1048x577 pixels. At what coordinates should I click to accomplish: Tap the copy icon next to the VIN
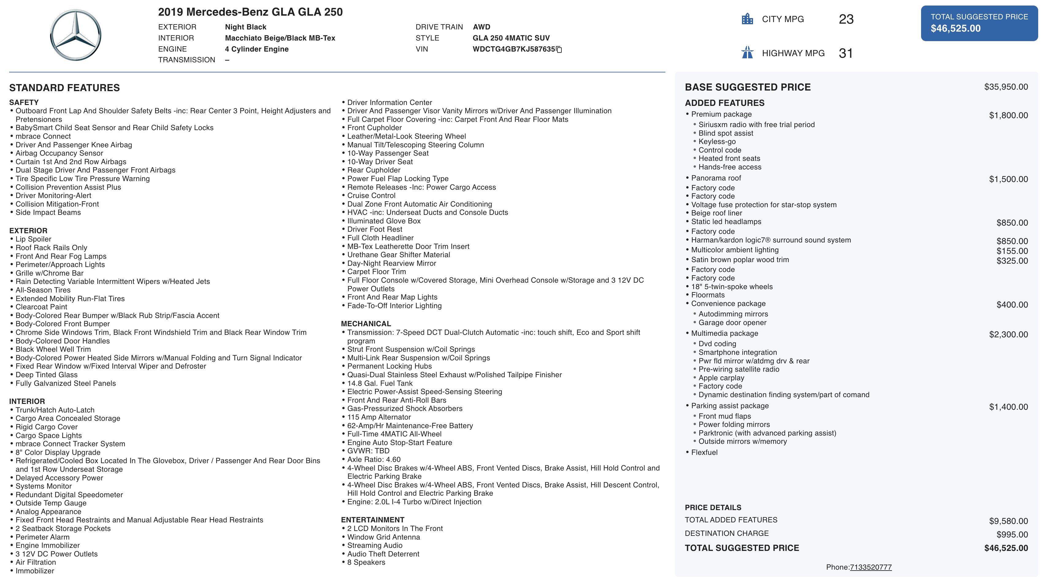[559, 50]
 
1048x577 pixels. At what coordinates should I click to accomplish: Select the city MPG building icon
[747, 19]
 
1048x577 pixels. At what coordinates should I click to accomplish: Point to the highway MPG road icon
[747, 53]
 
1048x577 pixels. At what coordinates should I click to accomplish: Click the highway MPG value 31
[846, 53]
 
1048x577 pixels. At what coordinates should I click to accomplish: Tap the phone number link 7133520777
[870, 567]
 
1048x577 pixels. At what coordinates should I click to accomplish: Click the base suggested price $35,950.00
[1006, 87]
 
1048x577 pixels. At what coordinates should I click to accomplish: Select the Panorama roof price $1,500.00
[1008, 179]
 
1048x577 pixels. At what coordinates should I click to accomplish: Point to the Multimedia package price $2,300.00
[1008, 334]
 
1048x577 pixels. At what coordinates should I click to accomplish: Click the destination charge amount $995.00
[1012, 534]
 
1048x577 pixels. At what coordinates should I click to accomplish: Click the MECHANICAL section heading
[366, 324]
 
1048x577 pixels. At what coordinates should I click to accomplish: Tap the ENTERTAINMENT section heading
[372, 520]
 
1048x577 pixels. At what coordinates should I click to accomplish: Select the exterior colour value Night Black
[245, 27]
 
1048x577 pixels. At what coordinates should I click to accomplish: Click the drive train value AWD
[481, 27]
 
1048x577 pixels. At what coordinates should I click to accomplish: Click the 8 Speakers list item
[366, 562]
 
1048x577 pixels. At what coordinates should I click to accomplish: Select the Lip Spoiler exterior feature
[33, 239]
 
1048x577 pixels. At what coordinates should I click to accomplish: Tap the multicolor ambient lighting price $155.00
[1012, 251]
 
